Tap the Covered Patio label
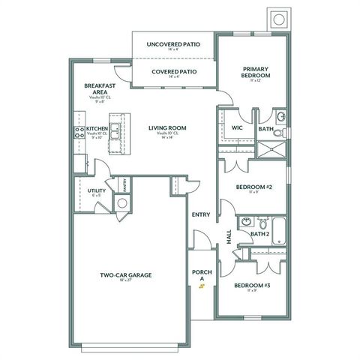[174, 72]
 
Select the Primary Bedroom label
[255, 71]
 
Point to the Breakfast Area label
[99, 89]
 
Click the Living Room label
[167, 128]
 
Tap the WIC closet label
[237, 128]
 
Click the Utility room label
[96, 191]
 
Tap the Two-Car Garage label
[126, 275]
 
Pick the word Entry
[201, 214]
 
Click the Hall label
[229, 236]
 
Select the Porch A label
[199, 275]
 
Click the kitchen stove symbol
[78, 133]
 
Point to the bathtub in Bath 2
[279, 230]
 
